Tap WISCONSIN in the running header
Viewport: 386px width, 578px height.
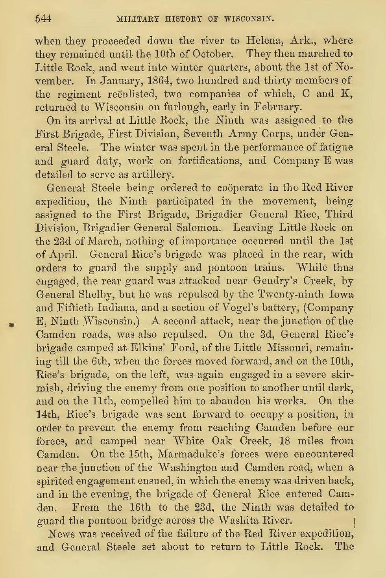tap(246, 19)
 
